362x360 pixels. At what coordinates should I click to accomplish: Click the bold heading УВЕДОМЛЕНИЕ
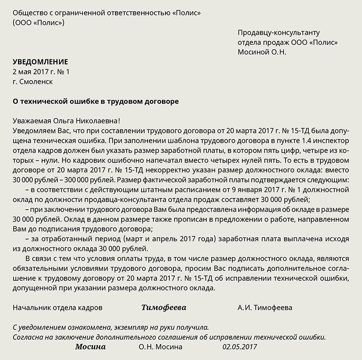40,62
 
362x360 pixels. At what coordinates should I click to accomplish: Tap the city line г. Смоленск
33,82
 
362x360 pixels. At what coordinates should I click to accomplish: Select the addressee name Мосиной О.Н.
262,52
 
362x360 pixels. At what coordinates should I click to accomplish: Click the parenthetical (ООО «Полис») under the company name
39,23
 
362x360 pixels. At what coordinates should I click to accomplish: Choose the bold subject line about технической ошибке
96,102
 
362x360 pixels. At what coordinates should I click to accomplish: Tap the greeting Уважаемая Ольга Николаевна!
67,121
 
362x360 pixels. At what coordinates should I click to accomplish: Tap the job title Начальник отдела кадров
57,308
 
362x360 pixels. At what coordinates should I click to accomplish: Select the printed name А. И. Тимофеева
265,308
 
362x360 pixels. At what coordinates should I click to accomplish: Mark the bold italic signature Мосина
90,347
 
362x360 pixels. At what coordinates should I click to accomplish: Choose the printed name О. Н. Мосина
162,347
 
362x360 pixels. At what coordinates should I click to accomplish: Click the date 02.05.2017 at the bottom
239,347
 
